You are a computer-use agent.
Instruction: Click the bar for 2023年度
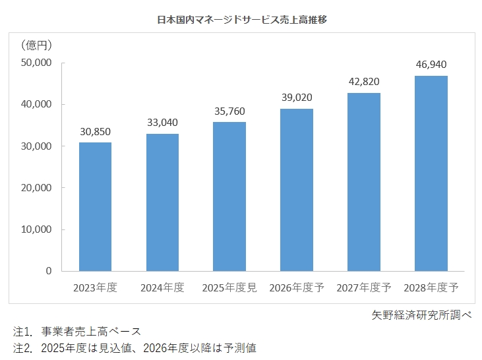click(95, 206)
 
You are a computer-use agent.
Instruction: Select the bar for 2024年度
click(162, 202)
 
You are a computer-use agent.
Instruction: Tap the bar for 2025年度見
click(229, 196)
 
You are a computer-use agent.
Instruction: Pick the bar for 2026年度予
click(297, 190)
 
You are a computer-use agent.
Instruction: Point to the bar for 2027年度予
click(364, 182)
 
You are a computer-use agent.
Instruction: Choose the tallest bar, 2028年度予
click(431, 173)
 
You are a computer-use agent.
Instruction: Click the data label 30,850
click(95, 131)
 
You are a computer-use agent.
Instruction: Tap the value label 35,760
click(229, 111)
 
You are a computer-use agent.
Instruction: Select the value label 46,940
click(431, 65)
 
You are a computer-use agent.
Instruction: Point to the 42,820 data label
click(364, 82)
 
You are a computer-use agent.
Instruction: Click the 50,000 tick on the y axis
click(37, 63)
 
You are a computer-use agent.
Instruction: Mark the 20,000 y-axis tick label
click(37, 188)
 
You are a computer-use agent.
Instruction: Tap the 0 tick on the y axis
click(48, 271)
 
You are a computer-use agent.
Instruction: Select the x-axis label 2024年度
click(162, 288)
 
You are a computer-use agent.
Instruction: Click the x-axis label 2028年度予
click(431, 288)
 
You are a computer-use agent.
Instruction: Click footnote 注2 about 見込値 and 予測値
click(139, 347)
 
